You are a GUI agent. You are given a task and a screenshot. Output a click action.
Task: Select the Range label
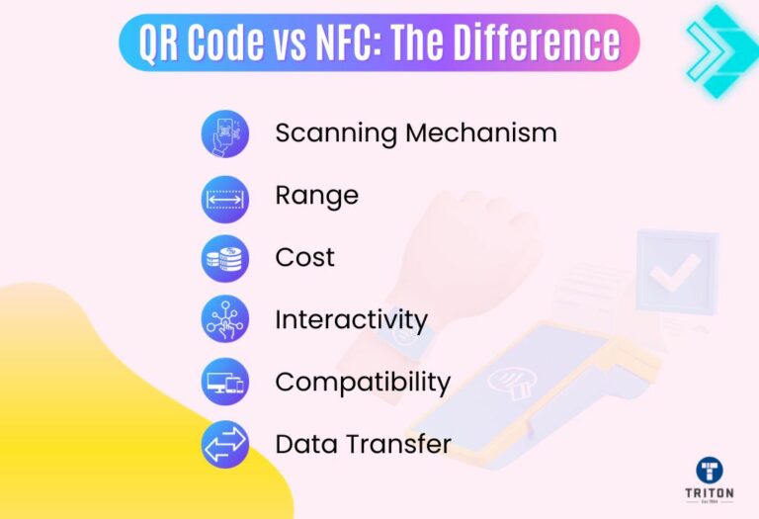[x=316, y=196]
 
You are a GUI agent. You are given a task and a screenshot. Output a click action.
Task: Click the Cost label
[x=304, y=258]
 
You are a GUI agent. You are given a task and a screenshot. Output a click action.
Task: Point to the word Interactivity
[x=351, y=320]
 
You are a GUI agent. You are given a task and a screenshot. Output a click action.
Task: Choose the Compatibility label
[x=363, y=382]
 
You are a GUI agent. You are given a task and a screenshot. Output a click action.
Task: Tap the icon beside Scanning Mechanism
[x=225, y=133]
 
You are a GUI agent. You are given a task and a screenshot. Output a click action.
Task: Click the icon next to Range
[x=225, y=197]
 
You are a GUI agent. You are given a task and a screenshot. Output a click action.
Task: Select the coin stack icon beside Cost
[x=225, y=259]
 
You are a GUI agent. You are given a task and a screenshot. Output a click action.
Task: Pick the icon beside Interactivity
[x=225, y=320]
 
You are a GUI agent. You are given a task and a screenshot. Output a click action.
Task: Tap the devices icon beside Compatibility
[x=225, y=383]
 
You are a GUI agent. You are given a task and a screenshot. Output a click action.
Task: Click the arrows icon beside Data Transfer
[x=225, y=445]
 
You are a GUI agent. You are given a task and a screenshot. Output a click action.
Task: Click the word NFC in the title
[x=327, y=43]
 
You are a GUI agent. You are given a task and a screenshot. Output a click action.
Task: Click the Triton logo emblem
[x=709, y=470]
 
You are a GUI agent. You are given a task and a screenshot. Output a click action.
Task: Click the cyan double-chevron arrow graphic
[x=718, y=44]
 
